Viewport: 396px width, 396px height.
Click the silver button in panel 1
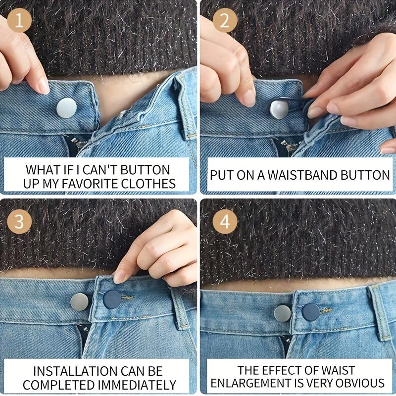click(x=66, y=108)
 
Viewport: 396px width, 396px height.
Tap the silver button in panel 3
click(x=79, y=301)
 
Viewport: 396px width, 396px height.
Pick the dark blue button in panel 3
click(x=112, y=299)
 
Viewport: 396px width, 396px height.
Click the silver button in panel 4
click(x=283, y=313)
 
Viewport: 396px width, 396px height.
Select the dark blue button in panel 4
click(x=311, y=312)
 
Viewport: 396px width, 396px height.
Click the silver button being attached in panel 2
click(x=279, y=108)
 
